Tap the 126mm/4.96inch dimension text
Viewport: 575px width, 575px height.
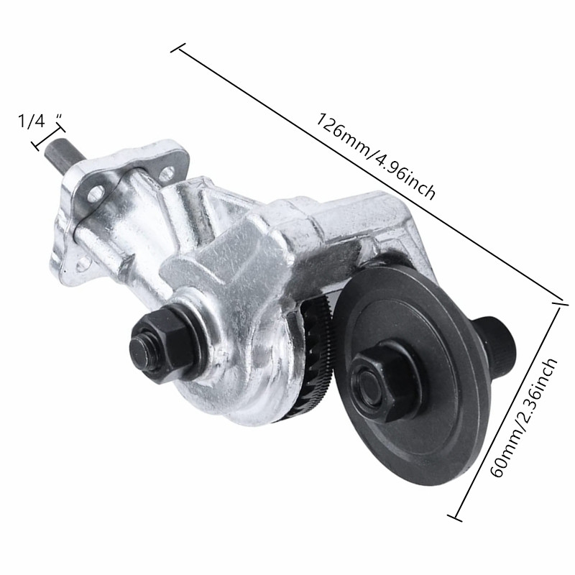[375, 156]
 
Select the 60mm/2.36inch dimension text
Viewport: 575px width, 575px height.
[525, 417]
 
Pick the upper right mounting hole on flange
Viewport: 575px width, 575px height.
[167, 172]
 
